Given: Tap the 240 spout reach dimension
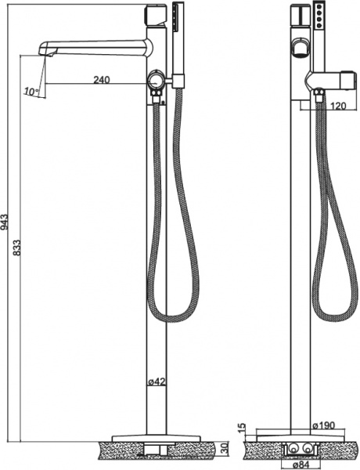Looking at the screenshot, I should click(x=100, y=78).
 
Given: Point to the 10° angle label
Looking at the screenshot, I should click(x=31, y=92).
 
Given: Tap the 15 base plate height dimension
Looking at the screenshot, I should click(x=242, y=430).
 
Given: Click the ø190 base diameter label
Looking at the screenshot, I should click(x=324, y=426).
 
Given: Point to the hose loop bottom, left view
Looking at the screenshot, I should click(x=171, y=319).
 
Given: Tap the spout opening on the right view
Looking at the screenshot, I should click(x=299, y=49).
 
